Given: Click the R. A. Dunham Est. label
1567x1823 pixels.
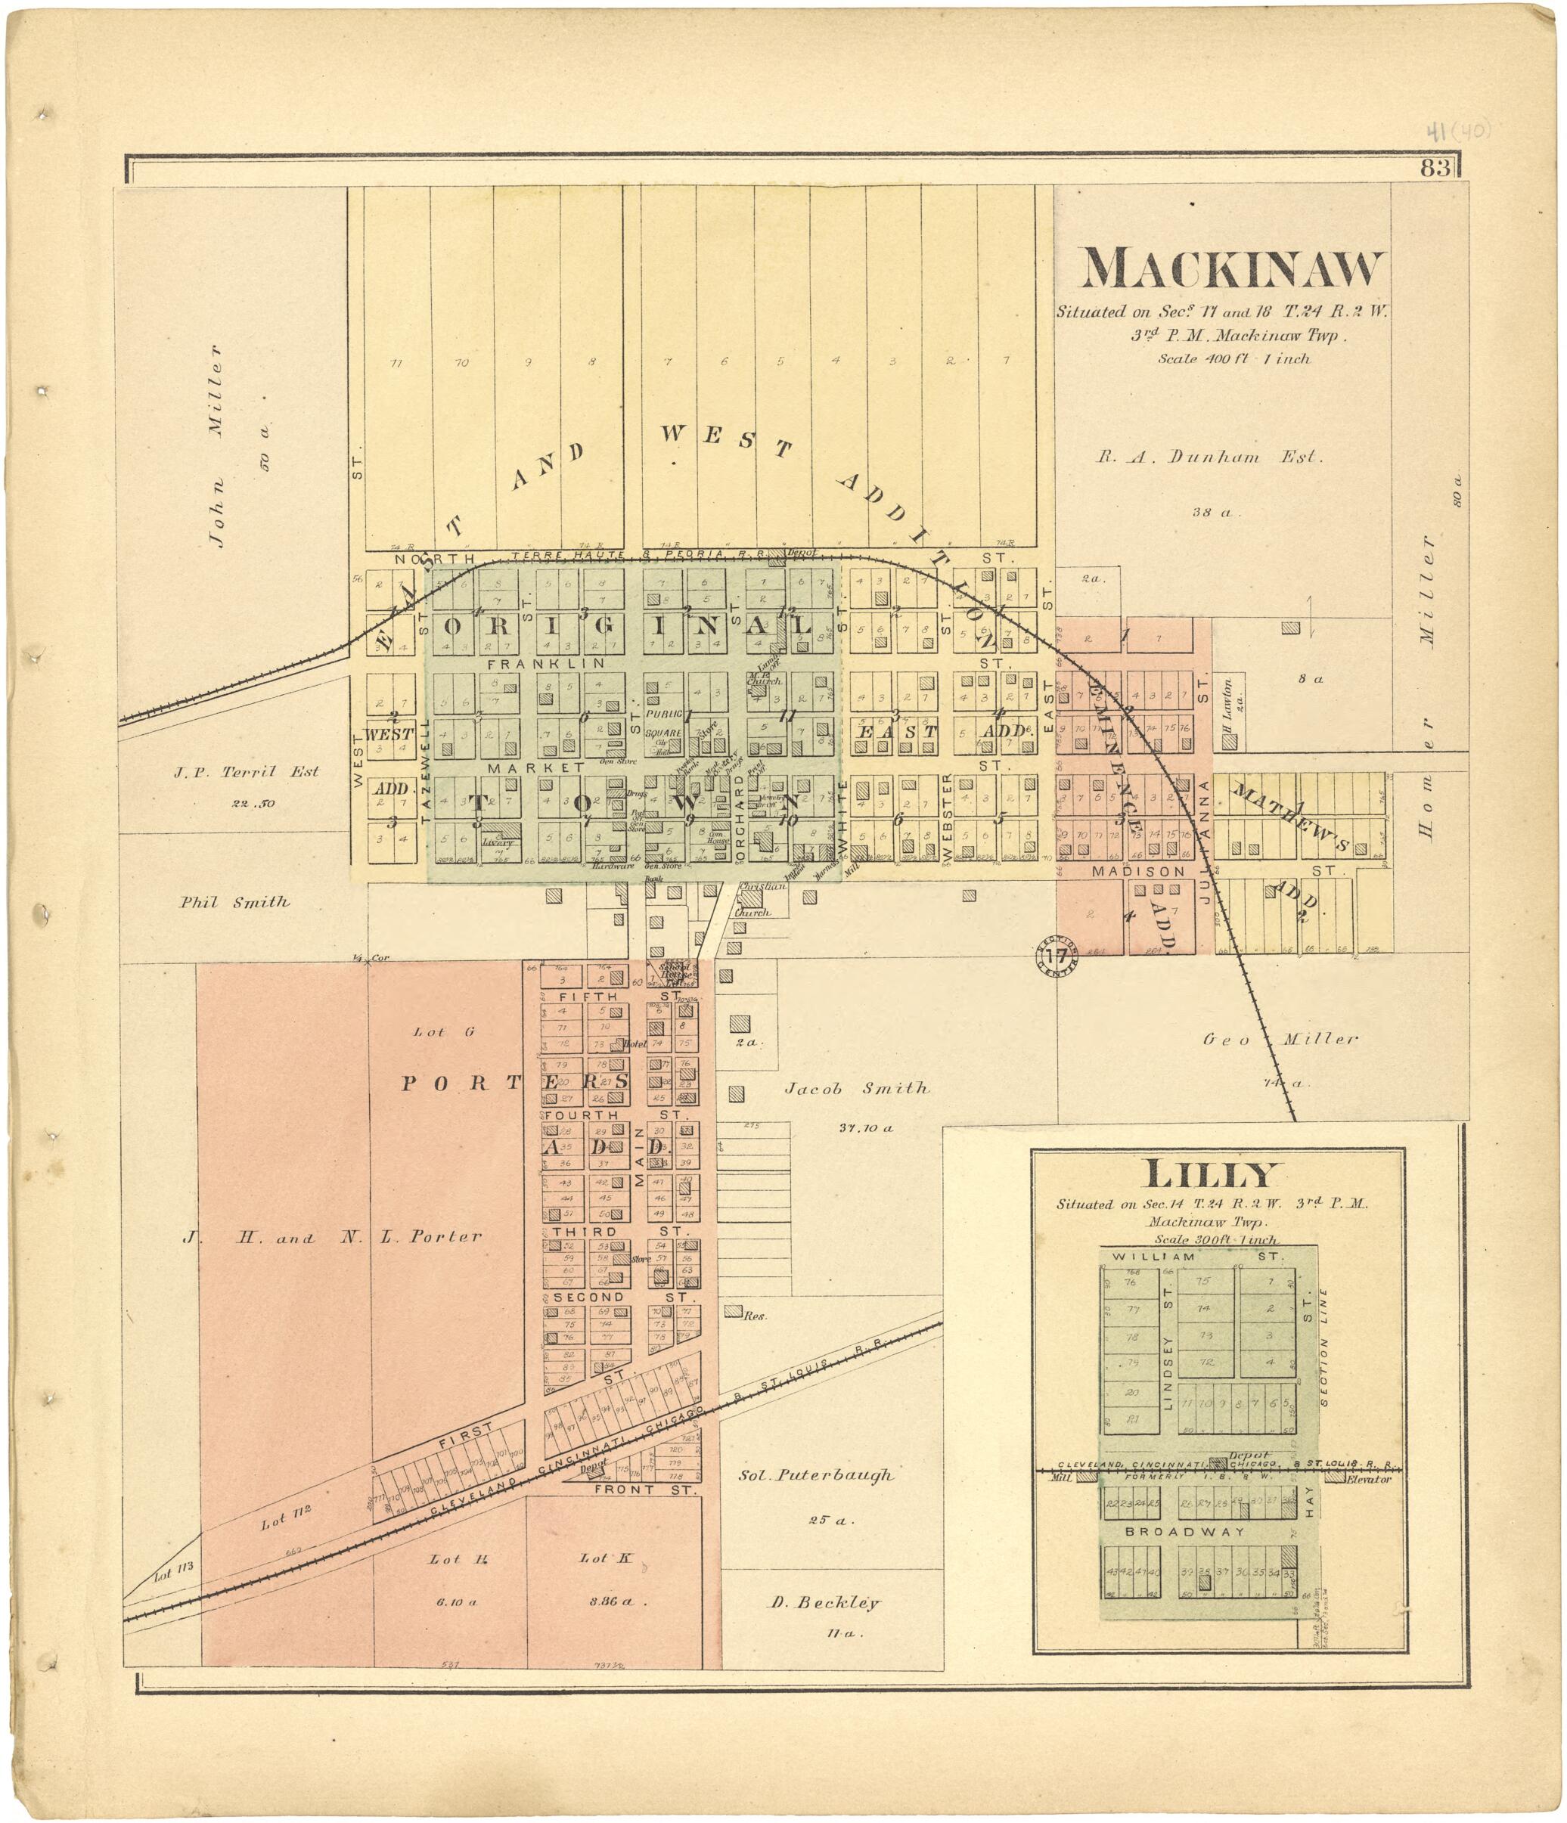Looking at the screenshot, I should [x=1209, y=457].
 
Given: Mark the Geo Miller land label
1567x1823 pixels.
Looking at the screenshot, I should [x=1280, y=1039].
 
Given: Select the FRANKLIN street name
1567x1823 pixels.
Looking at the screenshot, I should [x=545, y=662].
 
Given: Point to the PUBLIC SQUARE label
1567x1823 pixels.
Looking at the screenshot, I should [x=664, y=723].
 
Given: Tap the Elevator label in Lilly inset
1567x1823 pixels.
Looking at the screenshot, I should [x=1369, y=1479].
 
